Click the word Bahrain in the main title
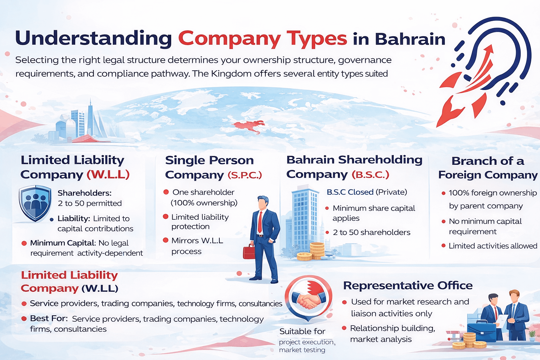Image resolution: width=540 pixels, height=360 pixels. click(x=410, y=39)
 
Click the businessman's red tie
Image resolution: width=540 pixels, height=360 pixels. click(x=260, y=222)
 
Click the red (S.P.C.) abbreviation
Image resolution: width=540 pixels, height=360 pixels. click(x=245, y=175)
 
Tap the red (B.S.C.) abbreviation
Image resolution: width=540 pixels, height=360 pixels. click(x=371, y=174)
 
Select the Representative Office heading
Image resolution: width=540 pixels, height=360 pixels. click(x=408, y=285)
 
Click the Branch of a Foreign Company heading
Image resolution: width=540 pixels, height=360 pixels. click(x=488, y=168)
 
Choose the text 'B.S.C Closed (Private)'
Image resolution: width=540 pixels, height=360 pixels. click(x=367, y=192)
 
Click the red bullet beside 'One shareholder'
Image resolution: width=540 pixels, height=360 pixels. click(x=166, y=192)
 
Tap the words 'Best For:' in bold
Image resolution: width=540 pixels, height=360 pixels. click(x=49, y=318)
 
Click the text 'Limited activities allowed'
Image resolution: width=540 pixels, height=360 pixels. click(x=493, y=246)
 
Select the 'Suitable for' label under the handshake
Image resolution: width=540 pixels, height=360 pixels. click(x=302, y=331)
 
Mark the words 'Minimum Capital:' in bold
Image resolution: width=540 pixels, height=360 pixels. click(x=63, y=243)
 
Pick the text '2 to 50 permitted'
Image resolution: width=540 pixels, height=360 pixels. click(x=90, y=203)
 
